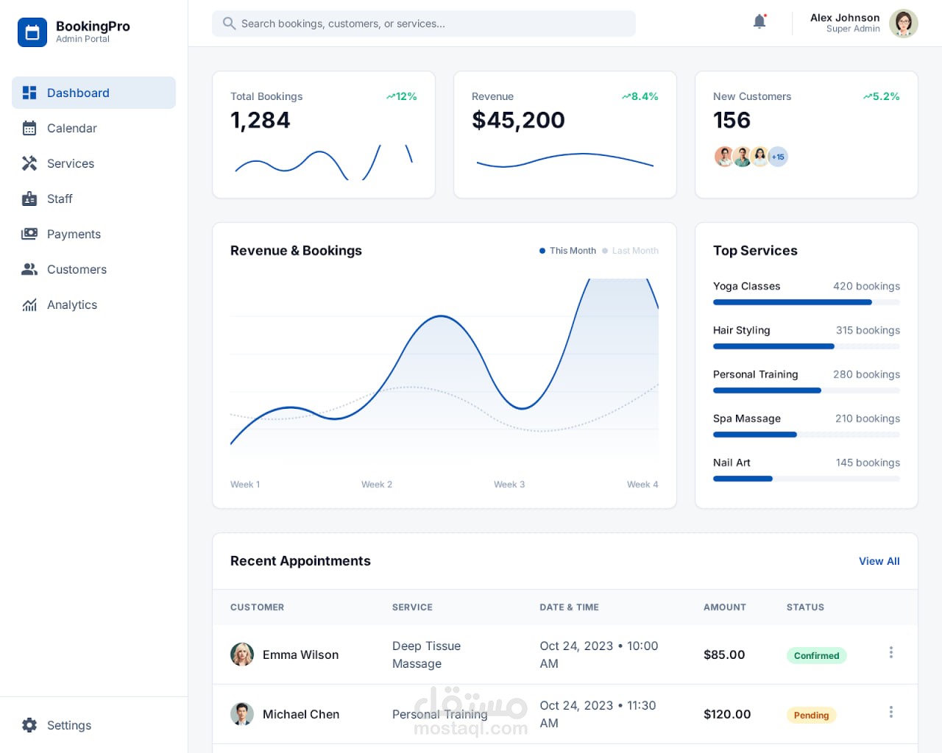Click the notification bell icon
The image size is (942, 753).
[x=759, y=21]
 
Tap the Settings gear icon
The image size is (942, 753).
[x=29, y=725]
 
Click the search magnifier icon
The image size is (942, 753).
[x=229, y=24]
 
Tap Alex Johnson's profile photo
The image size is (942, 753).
[x=903, y=24]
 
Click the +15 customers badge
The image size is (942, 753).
[x=778, y=157]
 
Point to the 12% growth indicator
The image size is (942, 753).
[x=401, y=96]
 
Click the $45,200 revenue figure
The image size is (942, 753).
[x=518, y=120]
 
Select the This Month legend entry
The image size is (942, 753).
[x=567, y=251]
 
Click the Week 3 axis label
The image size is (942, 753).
[x=509, y=485]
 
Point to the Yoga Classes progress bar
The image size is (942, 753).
[x=807, y=302]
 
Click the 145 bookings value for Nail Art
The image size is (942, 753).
[x=868, y=463]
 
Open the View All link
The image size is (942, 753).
[x=879, y=561]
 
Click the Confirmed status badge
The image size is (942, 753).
[x=816, y=655]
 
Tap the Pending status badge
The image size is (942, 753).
[x=811, y=715]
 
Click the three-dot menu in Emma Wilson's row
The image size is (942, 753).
[x=890, y=652]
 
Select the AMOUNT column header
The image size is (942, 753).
[x=724, y=607]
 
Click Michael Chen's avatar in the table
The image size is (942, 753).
[x=242, y=713]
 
